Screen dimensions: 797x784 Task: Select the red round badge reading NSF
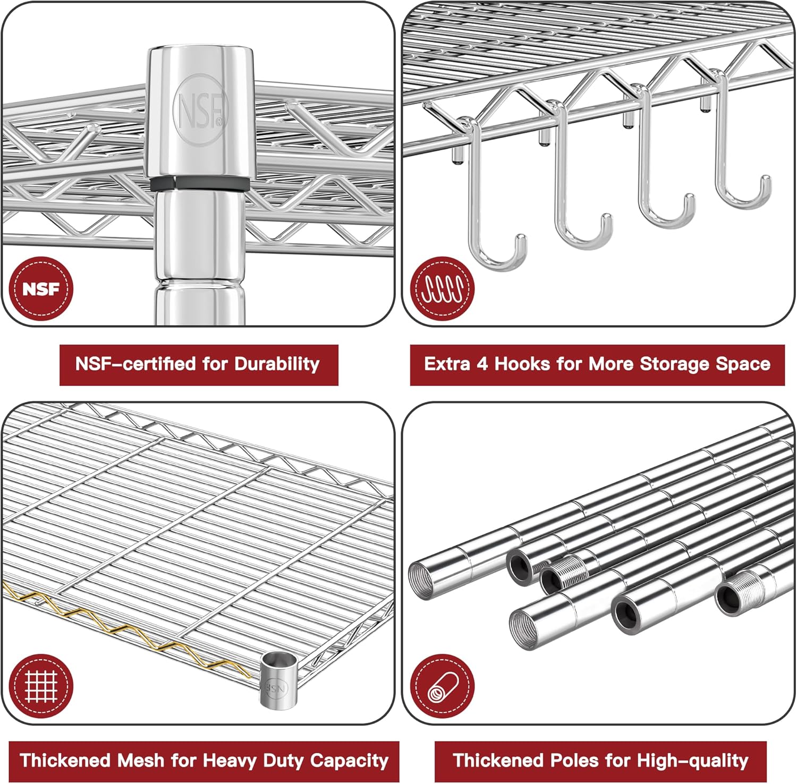pos(41,289)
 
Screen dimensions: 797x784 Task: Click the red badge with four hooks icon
pos(443,289)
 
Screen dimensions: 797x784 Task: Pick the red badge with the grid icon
pos(41,686)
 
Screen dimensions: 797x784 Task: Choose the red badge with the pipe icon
pos(443,686)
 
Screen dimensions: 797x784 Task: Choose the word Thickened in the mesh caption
pos(65,761)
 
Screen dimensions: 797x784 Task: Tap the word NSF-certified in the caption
pos(135,364)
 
